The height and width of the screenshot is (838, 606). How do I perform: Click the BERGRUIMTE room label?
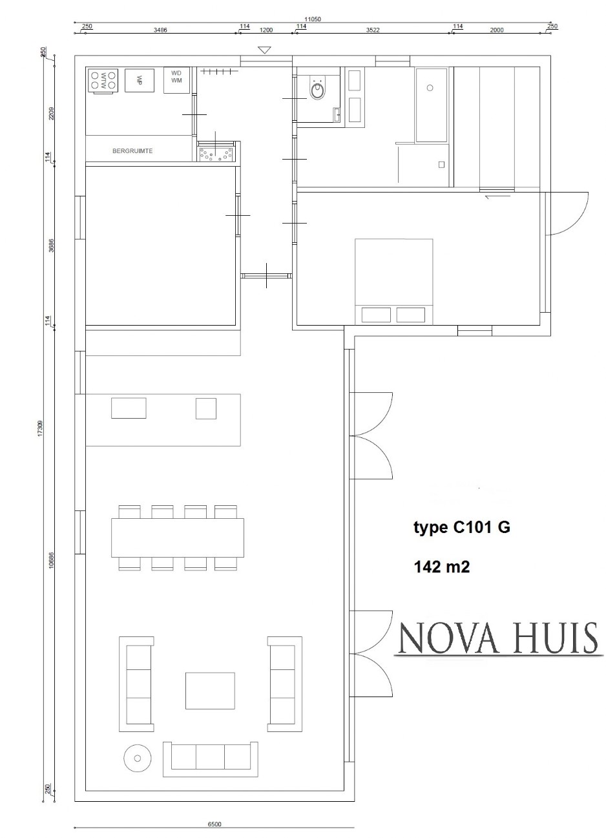pos(132,152)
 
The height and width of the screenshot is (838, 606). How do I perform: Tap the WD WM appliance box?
pos(176,80)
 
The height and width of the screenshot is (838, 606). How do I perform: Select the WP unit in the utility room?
pos(139,80)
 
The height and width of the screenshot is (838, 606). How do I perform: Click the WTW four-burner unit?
pos(103,80)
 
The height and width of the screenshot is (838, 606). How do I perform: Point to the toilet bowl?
pos(317,90)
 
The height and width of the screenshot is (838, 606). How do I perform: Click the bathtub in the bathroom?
pos(432,105)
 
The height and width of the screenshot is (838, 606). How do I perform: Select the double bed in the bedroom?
pos(393,281)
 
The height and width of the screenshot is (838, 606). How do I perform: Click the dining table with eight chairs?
pos(178,538)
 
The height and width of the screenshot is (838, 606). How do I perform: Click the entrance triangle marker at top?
pos(264,50)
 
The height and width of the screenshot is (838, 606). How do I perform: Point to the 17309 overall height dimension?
pos(40,429)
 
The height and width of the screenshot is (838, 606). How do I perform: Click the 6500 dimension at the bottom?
pos(214,824)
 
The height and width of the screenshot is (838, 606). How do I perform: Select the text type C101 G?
pos(461,528)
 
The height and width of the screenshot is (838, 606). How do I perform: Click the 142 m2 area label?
pos(441,567)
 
